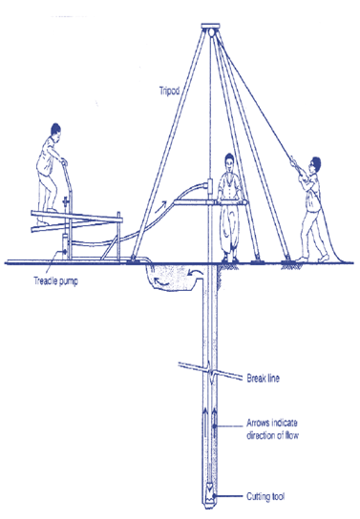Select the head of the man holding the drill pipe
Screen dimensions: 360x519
coord(228,163)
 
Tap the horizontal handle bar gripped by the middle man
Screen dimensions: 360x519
coord(228,201)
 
